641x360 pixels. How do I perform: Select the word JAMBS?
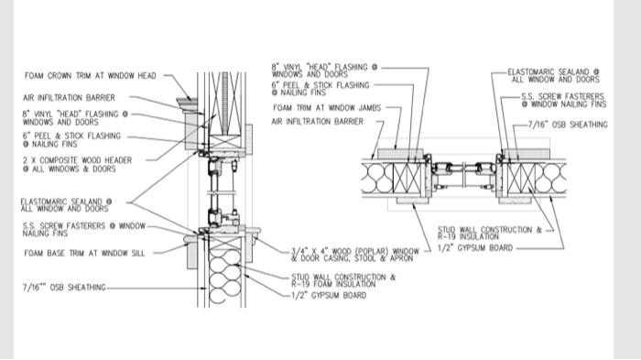[x=369, y=108]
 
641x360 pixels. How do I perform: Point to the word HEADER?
[x=118, y=160]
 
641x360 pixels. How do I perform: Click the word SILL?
[x=136, y=253]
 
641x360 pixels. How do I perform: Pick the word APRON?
[x=402, y=258]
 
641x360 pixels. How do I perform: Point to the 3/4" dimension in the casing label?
[x=298, y=251]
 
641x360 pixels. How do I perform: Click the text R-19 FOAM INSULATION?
[x=333, y=284]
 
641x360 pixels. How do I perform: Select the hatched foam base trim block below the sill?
[x=191, y=256]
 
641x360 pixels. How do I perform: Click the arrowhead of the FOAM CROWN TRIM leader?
[x=190, y=99]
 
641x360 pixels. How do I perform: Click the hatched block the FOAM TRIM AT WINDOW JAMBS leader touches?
[x=400, y=154]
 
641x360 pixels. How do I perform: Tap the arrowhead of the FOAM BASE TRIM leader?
[x=187, y=245]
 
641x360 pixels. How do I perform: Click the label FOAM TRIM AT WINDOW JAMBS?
[x=327, y=108]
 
